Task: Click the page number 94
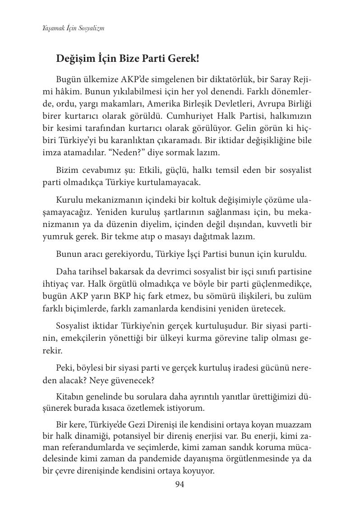click(x=180, y=485)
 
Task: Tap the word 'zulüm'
click(x=300, y=296)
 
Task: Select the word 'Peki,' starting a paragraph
click(x=66, y=367)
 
